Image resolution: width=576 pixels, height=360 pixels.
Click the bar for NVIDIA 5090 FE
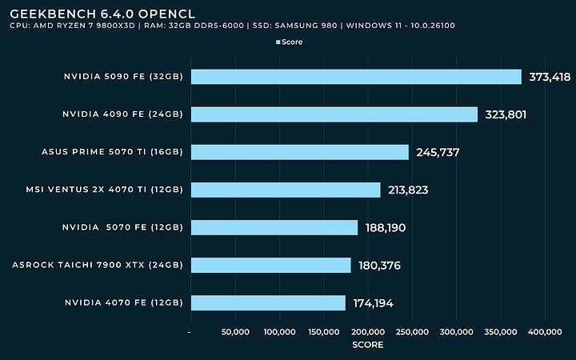(356, 77)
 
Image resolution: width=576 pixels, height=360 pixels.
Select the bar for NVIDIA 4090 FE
(334, 114)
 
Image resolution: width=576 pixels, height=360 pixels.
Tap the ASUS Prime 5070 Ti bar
(300, 152)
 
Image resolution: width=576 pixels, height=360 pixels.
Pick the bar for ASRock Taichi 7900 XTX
(270, 265)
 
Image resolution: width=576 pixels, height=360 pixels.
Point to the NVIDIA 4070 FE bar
(268, 303)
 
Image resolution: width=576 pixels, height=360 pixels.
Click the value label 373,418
(552, 77)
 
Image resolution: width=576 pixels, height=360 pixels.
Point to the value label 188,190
(386, 228)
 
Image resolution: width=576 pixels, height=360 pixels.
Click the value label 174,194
(373, 303)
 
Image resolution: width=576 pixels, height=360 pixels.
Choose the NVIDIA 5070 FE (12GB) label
(122, 228)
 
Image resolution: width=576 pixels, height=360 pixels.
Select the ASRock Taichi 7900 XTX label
(98, 265)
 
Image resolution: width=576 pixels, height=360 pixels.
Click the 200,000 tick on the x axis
(367, 331)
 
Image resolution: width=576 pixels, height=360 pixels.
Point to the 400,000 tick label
(545, 331)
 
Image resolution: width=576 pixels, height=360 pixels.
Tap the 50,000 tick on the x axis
(234, 331)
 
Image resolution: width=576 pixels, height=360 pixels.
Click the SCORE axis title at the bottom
(367, 345)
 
